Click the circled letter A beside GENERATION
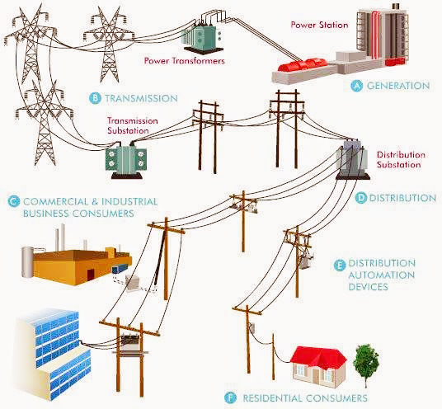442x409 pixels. [357, 86]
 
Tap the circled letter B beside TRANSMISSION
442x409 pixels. [97, 98]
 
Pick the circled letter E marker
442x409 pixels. [340, 265]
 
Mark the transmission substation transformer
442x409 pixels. [131, 157]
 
